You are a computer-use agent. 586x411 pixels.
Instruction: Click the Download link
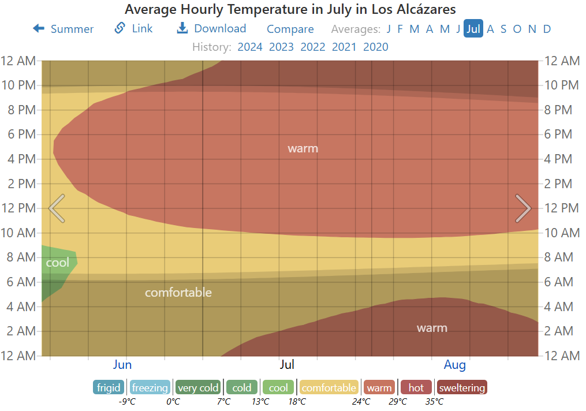tap(211, 29)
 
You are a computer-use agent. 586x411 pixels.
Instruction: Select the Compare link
tap(290, 29)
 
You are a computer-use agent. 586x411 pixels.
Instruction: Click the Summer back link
tap(64, 29)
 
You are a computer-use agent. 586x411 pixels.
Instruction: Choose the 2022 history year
tap(313, 47)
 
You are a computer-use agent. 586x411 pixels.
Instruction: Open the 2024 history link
tap(250, 47)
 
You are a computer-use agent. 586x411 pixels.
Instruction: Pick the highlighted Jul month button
tap(473, 29)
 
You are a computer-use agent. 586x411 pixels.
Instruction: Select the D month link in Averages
tap(547, 29)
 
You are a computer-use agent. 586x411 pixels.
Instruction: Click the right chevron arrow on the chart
tap(522, 208)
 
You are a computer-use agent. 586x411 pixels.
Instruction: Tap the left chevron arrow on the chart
tap(57, 208)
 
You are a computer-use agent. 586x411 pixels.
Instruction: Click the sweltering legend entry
tap(462, 387)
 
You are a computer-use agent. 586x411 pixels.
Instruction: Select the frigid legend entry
tap(109, 387)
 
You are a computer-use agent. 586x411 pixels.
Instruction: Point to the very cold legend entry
tap(198, 387)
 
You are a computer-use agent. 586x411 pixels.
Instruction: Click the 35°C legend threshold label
tap(434, 401)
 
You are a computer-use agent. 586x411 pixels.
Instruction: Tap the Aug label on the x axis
tap(455, 365)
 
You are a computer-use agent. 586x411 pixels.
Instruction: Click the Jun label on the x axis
tap(122, 365)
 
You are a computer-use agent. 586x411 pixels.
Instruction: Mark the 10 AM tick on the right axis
tap(562, 233)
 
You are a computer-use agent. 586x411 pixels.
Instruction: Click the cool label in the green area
tap(57, 263)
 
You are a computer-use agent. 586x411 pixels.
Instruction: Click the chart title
tap(290, 9)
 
